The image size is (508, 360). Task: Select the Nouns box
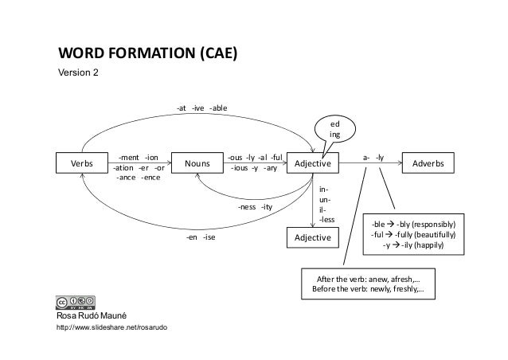(197, 163)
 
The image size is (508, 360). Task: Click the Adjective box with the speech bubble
(313, 163)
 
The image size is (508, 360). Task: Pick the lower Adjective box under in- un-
(313, 237)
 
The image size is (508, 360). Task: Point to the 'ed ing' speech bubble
(334, 130)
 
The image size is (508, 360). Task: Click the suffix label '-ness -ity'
(255, 207)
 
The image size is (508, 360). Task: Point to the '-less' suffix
(326, 219)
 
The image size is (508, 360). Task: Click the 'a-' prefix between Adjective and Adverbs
(365, 158)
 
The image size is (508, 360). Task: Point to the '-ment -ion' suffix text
(138, 158)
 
